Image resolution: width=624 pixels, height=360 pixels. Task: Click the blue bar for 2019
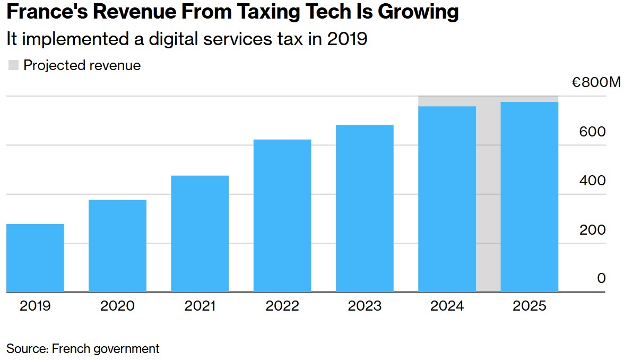pos(35,258)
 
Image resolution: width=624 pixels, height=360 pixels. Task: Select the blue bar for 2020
pos(117,246)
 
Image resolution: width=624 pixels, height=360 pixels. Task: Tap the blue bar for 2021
pos(200,234)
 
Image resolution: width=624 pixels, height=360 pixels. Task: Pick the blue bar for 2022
pos(282,216)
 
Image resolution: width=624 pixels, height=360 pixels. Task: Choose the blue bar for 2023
pos(365,209)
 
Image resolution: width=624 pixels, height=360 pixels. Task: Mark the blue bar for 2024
pos(447,199)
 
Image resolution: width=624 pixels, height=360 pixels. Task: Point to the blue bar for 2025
pos(530,197)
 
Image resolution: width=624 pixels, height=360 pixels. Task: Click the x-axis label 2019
pos(35,306)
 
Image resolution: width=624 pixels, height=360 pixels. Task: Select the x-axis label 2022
pos(282,306)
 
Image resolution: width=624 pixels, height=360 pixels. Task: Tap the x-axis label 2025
pos(530,306)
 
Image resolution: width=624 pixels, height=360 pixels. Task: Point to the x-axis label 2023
pos(365,306)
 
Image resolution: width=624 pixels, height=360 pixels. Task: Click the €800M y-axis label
pos(595,83)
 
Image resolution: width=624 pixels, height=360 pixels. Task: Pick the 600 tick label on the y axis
pos(592,132)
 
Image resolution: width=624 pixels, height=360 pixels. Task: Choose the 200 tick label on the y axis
pos(592,230)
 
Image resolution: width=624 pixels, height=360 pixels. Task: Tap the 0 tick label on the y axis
pos(601,278)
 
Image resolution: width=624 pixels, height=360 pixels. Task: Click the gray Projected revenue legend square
pos(14,65)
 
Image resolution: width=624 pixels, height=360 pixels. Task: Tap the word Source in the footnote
pos(27,349)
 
